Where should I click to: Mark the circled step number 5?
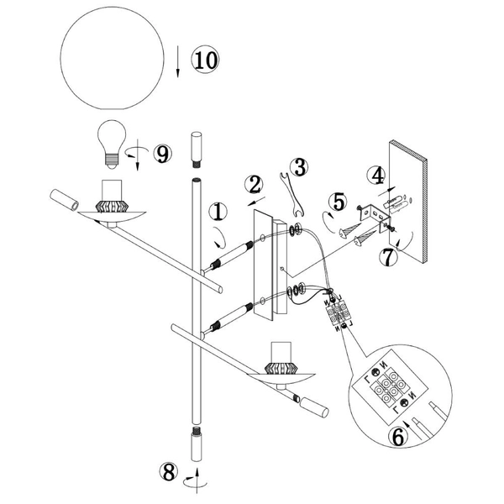click(x=338, y=202)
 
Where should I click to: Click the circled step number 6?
click(x=402, y=435)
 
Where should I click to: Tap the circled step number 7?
click(x=388, y=257)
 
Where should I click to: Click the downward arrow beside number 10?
click(x=179, y=65)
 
